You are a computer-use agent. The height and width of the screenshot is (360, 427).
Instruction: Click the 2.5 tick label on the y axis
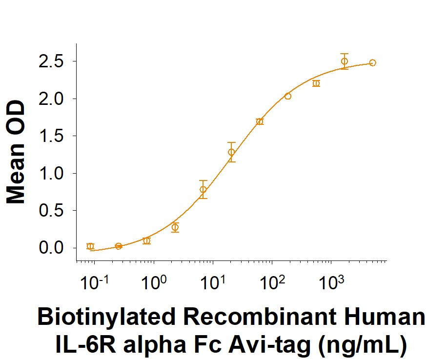[55, 61]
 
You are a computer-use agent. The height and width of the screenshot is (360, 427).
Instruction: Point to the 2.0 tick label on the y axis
[55, 99]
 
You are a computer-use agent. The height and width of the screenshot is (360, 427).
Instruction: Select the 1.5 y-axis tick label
[55, 136]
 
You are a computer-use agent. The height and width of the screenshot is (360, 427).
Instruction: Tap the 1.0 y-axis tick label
[55, 173]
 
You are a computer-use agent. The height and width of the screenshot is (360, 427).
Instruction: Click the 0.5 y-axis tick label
[55, 211]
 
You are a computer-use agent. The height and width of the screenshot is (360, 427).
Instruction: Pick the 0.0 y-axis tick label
[55, 248]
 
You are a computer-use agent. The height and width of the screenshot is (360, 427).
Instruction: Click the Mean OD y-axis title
[16, 152]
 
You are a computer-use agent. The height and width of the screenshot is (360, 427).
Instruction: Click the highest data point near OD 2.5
[345, 61]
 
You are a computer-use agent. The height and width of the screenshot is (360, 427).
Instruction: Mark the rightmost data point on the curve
[372, 62]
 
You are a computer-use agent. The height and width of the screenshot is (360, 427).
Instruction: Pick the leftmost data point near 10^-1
[90, 246]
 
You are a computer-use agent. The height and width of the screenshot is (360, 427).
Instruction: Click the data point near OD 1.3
[231, 152]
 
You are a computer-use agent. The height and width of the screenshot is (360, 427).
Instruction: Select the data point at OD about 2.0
[287, 96]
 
